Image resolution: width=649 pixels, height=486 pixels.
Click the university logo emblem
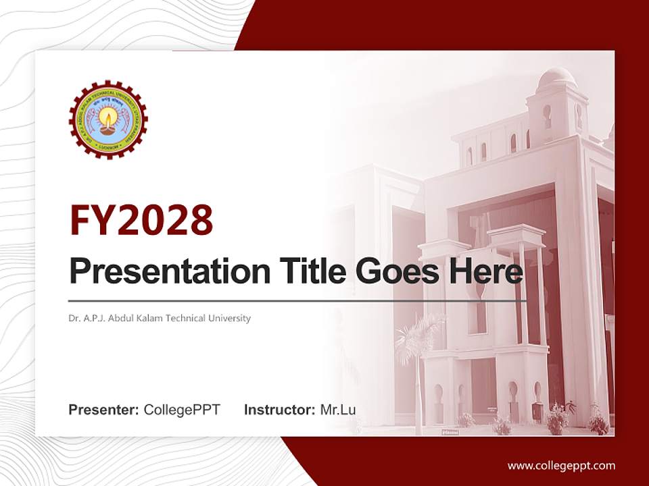tap(108, 119)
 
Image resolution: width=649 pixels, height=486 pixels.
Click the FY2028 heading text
tap(141, 220)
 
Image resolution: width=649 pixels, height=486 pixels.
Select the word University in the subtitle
tap(230, 318)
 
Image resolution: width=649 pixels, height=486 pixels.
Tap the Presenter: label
tap(104, 410)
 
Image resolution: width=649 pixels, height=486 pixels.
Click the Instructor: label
tap(279, 410)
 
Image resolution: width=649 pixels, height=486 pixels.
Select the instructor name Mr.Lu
tap(338, 410)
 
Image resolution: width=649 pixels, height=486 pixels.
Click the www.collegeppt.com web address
tap(561, 465)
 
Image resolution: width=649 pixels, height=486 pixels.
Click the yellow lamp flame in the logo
tap(108, 116)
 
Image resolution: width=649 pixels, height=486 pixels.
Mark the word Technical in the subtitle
tap(195, 318)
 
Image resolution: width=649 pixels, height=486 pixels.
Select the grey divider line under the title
tap(297, 300)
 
